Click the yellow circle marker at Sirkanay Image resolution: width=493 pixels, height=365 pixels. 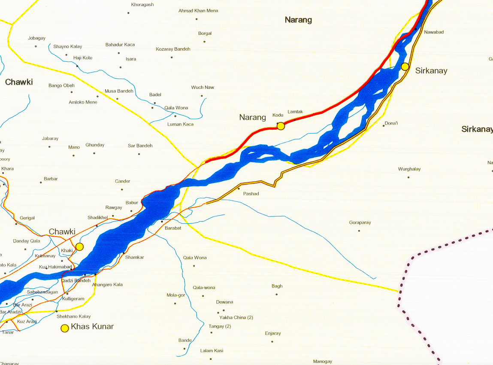coord(405,67)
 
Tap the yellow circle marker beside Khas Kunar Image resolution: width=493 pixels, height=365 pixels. coord(64,328)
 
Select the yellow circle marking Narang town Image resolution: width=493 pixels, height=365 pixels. coord(281,126)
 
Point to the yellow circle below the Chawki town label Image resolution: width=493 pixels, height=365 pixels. coord(79,246)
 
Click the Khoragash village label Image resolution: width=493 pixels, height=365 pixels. coord(142,5)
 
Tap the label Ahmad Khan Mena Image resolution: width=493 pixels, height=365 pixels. coord(198,11)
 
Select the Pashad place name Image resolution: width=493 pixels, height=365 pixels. coord(251,194)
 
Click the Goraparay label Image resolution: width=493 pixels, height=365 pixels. coord(360,223)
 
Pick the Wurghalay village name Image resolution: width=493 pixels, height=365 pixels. coord(409,169)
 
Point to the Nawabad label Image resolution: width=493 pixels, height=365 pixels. coord(434,32)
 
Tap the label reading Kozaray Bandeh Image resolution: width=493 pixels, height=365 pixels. coord(173,49)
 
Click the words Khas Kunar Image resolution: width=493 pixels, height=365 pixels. coord(92,327)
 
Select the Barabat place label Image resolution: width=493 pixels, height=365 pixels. coord(173,228)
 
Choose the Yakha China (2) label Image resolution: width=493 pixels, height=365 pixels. coord(236,317)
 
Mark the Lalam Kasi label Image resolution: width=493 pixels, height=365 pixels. coord(212,351)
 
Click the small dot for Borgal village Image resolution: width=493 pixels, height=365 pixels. coord(204,42)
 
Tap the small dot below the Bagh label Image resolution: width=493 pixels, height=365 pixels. coord(277,295)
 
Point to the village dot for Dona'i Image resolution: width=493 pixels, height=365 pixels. coord(384,125)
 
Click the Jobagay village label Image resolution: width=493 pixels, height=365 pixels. coord(36,38)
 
